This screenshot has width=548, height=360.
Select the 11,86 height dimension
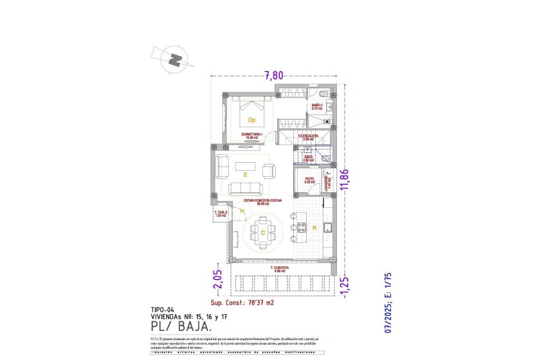coord(345,180)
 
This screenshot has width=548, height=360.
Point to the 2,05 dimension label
coord(217,279)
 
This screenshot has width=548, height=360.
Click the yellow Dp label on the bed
coord(251,120)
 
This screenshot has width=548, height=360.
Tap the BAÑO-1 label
coord(316,106)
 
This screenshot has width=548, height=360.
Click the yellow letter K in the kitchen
coord(315,228)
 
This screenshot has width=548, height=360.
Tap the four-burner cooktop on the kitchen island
coord(301,227)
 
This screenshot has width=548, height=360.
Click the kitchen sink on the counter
coord(329,227)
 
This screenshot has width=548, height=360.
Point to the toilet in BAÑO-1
coord(321,94)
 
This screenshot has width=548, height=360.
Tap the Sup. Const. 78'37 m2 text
coord(242,303)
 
